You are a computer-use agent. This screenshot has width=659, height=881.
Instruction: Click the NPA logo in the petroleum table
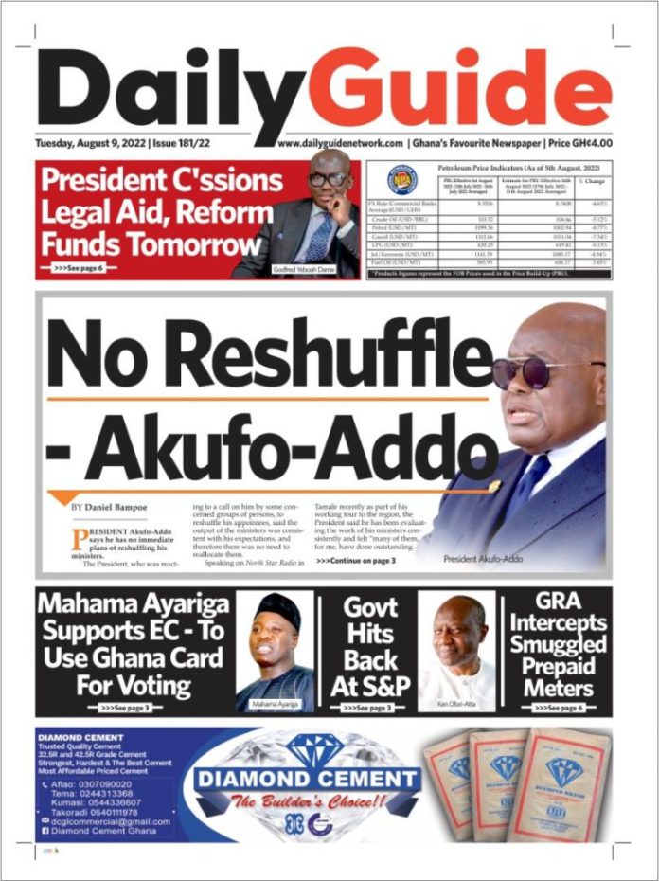click(x=402, y=179)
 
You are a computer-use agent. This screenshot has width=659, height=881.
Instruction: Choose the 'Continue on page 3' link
click(x=329, y=561)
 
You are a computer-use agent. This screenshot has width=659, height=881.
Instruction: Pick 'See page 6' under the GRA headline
click(x=561, y=707)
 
